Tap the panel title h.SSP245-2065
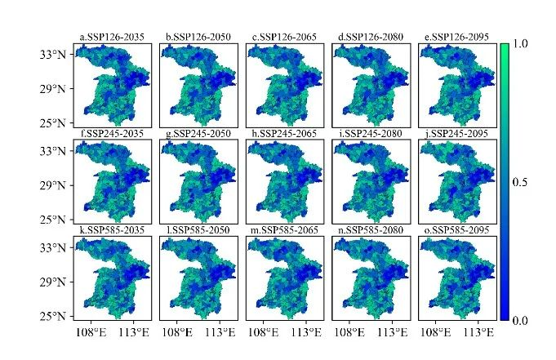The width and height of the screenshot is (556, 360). [x=284, y=134]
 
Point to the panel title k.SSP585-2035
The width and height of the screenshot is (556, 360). [x=112, y=230]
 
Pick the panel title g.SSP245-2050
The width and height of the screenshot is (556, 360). [x=198, y=134]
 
